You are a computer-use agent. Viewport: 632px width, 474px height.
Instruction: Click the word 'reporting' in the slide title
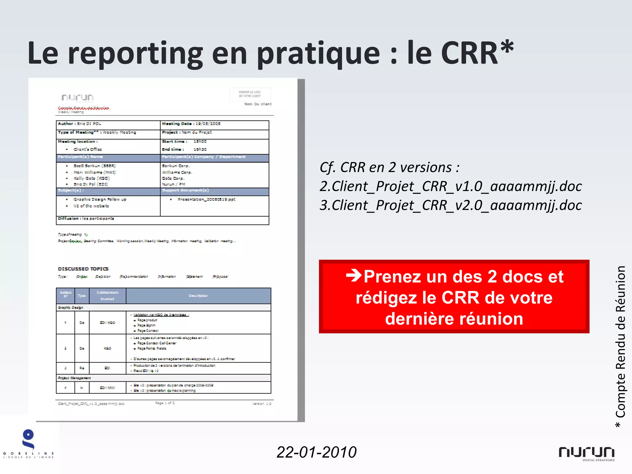tap(135, 54)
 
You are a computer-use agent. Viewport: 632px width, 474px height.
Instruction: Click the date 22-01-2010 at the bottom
tap(316, 452)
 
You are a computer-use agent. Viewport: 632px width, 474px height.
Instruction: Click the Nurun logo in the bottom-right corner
tap(586, 453)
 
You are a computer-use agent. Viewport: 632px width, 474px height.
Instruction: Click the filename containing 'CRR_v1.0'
tap(451, 186)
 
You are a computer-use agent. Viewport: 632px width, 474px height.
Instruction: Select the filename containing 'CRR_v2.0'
tap(451, 205)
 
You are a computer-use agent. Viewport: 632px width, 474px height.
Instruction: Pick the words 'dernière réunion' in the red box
tap(454, 318)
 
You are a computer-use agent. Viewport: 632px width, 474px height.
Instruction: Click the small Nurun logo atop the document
tap(77, 98)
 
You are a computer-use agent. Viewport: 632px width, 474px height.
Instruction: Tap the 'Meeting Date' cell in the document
tap(191, 124)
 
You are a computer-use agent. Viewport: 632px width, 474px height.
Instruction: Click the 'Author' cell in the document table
tap(80, 124)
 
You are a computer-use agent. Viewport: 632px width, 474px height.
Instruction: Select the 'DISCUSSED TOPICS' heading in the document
tap(83, 269)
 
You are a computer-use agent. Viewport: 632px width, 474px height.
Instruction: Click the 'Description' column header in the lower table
tap(198, 296)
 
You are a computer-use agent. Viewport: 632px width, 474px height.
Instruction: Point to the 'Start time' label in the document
tap(175, 142)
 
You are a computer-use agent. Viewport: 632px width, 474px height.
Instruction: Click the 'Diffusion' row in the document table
tap(86, 218)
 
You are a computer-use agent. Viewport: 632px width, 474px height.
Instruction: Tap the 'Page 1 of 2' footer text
tap(165, 403)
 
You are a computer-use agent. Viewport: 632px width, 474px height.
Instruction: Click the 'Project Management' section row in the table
tap(74, 378)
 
